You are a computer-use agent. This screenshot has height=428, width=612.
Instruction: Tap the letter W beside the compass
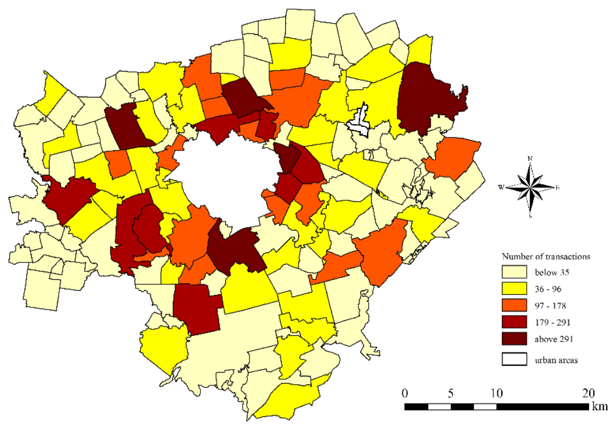[502, 187]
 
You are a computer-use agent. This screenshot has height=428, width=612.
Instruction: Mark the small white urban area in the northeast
[361, 121]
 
